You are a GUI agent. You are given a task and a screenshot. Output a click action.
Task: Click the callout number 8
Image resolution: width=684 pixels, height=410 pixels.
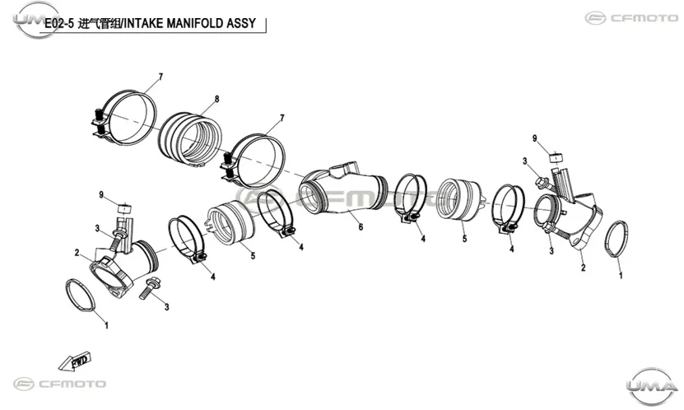pyautogui.click(x=216, y=99)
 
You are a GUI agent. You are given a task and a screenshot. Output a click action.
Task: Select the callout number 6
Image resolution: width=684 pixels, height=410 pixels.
pyautogui.click(x=361, y=226)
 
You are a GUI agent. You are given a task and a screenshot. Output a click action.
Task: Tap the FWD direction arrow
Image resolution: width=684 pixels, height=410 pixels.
pyautogui.click(x=75, y=361)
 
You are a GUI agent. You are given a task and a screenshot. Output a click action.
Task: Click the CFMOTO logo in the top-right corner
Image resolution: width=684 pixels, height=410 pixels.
pyautogui.click(x=631, y=18)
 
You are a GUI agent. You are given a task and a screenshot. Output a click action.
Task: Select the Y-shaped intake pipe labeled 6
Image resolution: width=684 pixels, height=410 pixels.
pyautogui.click(x=343, y=189)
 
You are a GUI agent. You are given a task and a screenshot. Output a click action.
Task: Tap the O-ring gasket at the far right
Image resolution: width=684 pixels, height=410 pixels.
pyautogui.click(x=616, y=239)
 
